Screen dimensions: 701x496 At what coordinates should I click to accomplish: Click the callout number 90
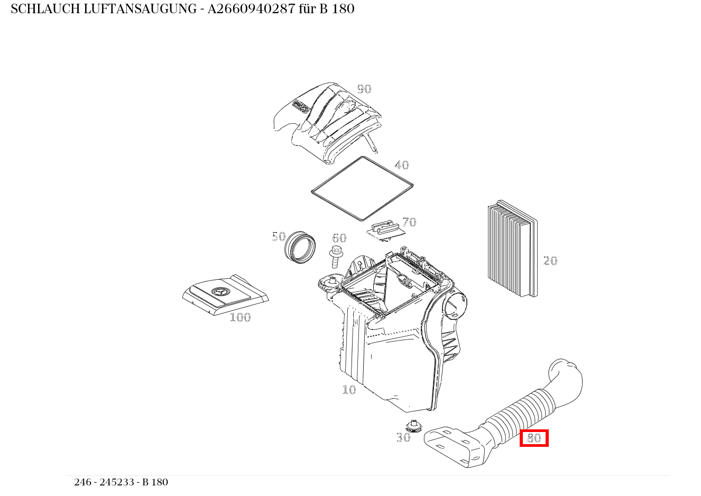click(x=364, y=89)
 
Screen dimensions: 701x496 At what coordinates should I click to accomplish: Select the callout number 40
click(x=401, y=165)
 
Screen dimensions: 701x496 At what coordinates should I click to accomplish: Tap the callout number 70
click(x=409, y=222)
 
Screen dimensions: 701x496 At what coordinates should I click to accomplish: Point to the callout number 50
click(x=279, y=236)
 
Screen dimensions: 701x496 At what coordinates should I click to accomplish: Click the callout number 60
click(x=339, y=238)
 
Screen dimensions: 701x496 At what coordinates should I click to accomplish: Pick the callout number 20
click(x=550, y=261)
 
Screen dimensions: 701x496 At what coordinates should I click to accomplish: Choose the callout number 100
click(x=241, y=318)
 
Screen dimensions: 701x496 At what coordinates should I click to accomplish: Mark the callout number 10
click(x=349, y=390)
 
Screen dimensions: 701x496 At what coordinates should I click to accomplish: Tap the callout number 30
click(x=403, y=437)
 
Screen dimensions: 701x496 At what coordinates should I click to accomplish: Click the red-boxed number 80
click(x=534, y=438)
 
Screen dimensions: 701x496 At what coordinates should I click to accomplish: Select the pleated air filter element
click(x=513, y=249)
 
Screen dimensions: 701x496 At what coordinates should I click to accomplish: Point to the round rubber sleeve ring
click(x=300, y=247)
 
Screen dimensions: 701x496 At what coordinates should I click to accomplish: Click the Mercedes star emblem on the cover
click(x=220, y=292)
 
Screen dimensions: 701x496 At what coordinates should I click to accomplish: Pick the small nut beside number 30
click(x=414, y=426)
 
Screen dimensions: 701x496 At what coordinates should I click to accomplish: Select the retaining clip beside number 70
click(x=386, y=231)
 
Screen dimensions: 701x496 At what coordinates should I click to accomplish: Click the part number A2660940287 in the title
click(x=251, y=9)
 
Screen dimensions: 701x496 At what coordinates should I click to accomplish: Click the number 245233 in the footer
click(x=117, y=482)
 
